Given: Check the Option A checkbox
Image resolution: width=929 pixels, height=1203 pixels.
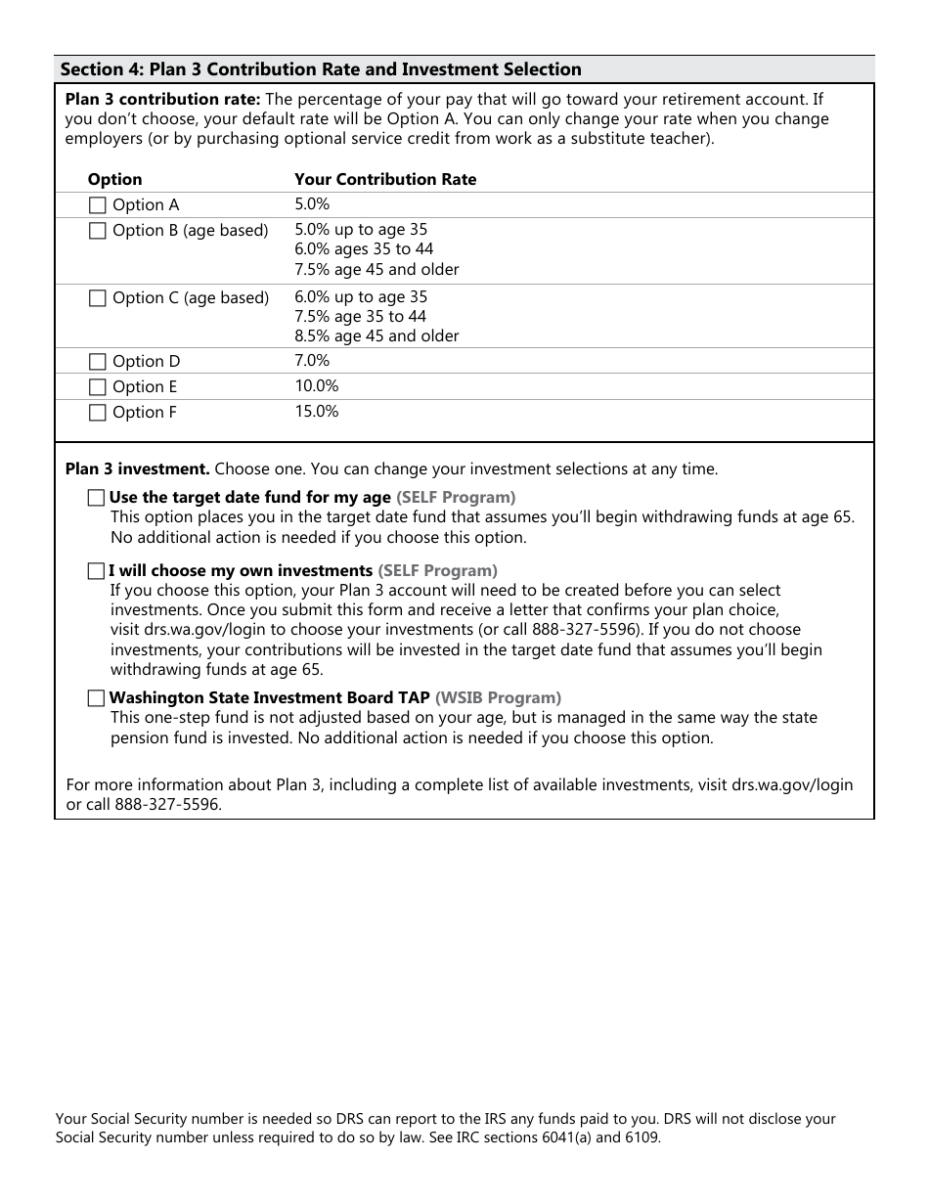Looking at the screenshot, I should [97, 205].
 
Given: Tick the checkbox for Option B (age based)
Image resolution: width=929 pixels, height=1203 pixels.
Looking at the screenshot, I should [97, 231].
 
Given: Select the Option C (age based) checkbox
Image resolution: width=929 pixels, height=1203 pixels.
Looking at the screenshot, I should [97, 298].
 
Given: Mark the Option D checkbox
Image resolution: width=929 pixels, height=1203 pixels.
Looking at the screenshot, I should [97, 362].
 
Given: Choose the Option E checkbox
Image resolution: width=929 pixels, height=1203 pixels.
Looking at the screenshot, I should [97, 387].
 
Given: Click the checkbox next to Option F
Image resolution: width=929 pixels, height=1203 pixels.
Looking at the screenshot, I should [97, 413].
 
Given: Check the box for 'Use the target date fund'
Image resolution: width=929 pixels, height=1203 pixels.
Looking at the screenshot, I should [95, 498].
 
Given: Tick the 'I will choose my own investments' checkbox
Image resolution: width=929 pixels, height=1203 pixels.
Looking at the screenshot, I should [95, 571].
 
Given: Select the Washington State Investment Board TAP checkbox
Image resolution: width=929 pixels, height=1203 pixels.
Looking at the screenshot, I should [95, 698].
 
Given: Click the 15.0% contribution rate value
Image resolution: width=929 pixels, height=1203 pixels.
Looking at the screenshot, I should [317, 412].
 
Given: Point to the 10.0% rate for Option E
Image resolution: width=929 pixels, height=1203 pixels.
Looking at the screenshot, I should [317, 386].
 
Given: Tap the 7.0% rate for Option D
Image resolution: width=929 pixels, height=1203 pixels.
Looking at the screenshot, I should [313, 361].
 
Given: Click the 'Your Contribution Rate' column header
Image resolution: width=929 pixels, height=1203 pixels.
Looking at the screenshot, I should [385, 180].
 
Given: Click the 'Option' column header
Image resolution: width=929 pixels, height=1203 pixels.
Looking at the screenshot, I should [114, 180].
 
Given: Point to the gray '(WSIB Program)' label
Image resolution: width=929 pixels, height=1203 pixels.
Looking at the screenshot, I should [498, 698].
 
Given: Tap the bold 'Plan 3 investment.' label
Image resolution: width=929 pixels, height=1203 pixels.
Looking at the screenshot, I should [137, 469].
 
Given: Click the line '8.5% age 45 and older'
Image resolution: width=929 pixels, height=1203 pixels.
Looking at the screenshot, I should [376, 336].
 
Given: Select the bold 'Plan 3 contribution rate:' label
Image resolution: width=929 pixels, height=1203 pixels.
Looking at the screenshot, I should [162, 100].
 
